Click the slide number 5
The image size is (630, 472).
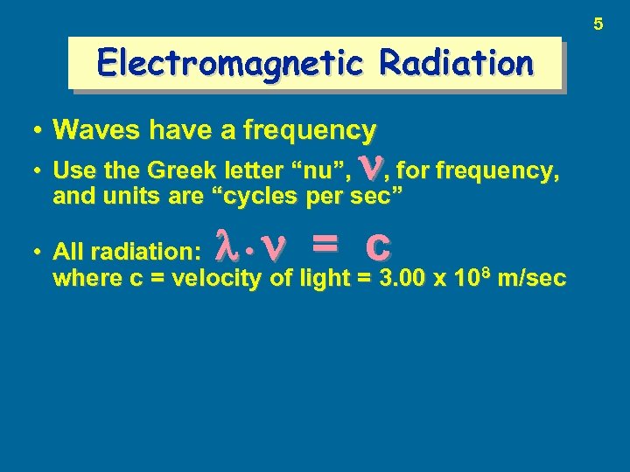tap(598, 24)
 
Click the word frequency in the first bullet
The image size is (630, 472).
tap(310, 131)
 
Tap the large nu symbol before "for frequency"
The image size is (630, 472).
tap(377, 166)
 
